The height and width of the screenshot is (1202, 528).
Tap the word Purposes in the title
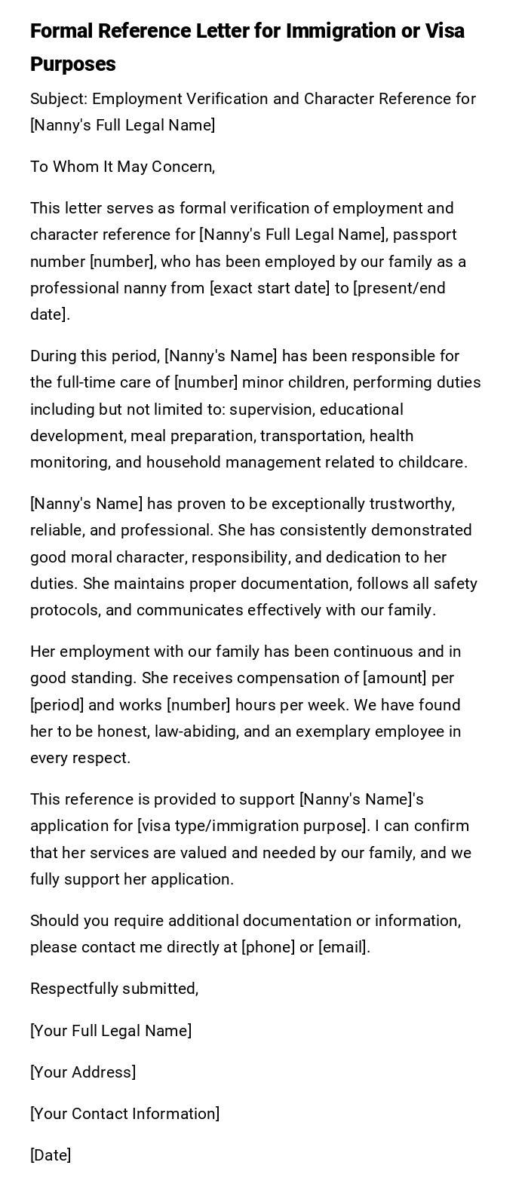pos(73,64)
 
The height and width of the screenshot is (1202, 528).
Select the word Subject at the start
pos(57,99)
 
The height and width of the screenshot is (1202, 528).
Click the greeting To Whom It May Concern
pos(122,167)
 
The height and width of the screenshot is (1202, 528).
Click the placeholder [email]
pos(343,947)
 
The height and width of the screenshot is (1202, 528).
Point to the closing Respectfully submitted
pos(114,989)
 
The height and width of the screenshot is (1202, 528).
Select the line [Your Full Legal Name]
pos(111,1031)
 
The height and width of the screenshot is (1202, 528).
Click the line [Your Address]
pos(83,1072)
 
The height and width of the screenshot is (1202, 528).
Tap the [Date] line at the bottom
pos(51,1155)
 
